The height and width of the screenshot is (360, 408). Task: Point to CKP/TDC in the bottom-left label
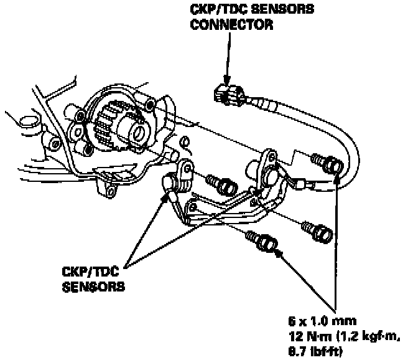coord(86,272)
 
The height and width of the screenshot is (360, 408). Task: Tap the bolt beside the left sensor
coord(224,185)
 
